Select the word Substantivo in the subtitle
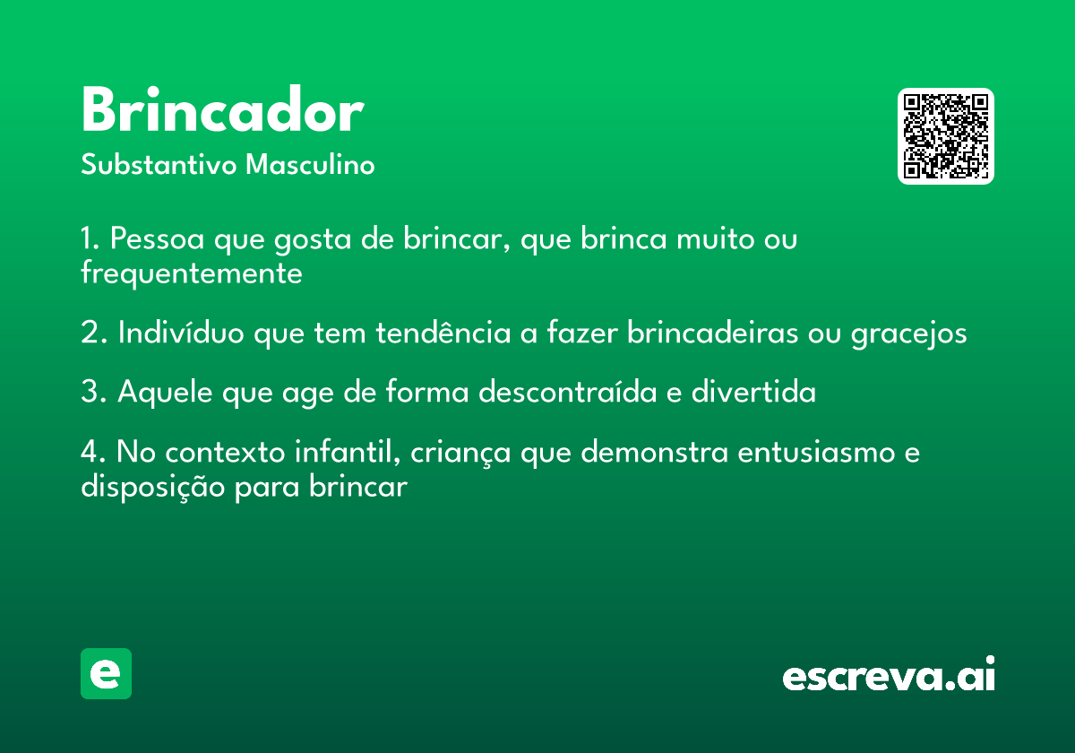(159, 164)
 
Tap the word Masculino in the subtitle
(310, 164)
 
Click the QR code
(945, 136)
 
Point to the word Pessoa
(158, 238)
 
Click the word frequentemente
(192, 273)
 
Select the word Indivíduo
(181, 332)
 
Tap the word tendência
(443, 332)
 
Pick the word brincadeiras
(713, 332)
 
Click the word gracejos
(909, 334)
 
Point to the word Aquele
(165, 392)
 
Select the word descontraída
(568, 391)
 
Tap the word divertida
(753, 391)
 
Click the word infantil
(348, 452)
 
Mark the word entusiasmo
(816, 453)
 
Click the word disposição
(153, 488)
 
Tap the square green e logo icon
(106, 673)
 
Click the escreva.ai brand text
(889, 673)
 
